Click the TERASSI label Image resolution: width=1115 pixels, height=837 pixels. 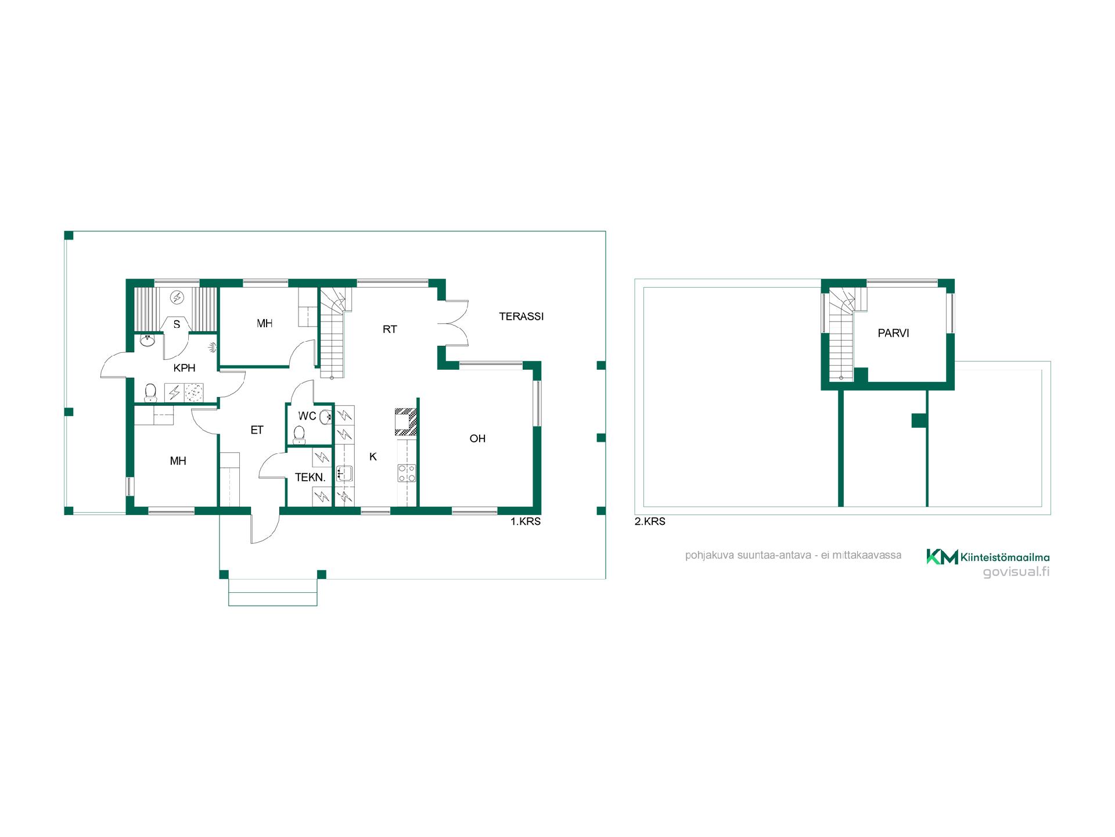[x=521, y=317]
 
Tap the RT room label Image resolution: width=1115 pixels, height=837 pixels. [x=390, y=330]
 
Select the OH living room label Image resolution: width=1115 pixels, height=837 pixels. [x=477, y=439]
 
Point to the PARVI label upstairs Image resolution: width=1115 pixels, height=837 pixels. [x=893, y=334]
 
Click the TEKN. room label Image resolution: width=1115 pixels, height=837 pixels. [x=310, y=478]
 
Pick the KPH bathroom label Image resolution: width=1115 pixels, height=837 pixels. [x=185, y=368]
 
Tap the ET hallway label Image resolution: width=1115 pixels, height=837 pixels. [x=257, y=430]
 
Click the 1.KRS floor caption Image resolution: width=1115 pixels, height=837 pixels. [x=526, y=522]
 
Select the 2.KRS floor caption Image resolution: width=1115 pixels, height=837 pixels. [x=650, y=522]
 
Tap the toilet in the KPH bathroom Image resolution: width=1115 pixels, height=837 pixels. [x=150, y=392]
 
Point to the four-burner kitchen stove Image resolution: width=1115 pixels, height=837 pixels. [x=407, y=473]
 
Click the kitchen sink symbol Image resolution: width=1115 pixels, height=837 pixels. [x=344, y=474]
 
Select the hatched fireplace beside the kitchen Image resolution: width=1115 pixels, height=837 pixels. [x=406, y=421]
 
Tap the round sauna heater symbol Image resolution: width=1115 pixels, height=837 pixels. [x=177, y=298]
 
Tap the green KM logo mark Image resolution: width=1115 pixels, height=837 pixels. [x=942, y=557]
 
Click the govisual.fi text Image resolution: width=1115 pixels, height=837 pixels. [x=1016, y=572]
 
